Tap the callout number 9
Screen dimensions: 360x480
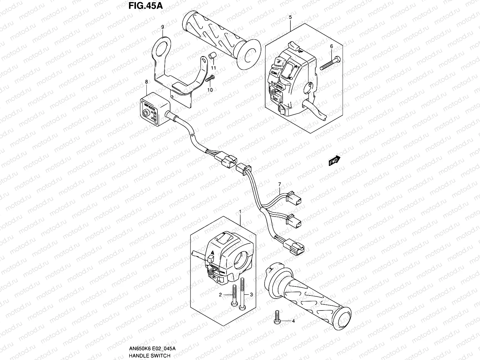162,27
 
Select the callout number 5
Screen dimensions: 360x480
290,17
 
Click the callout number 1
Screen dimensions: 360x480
240,212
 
